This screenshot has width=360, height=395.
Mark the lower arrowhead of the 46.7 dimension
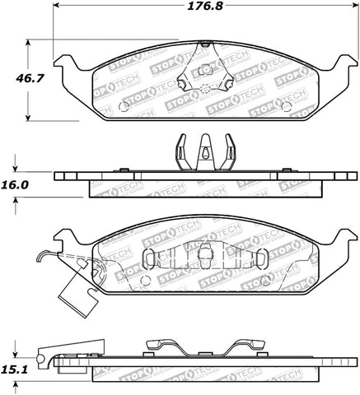[30, 116]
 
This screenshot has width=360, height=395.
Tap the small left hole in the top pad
[124, 106]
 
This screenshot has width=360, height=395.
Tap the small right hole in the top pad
[285, 106]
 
